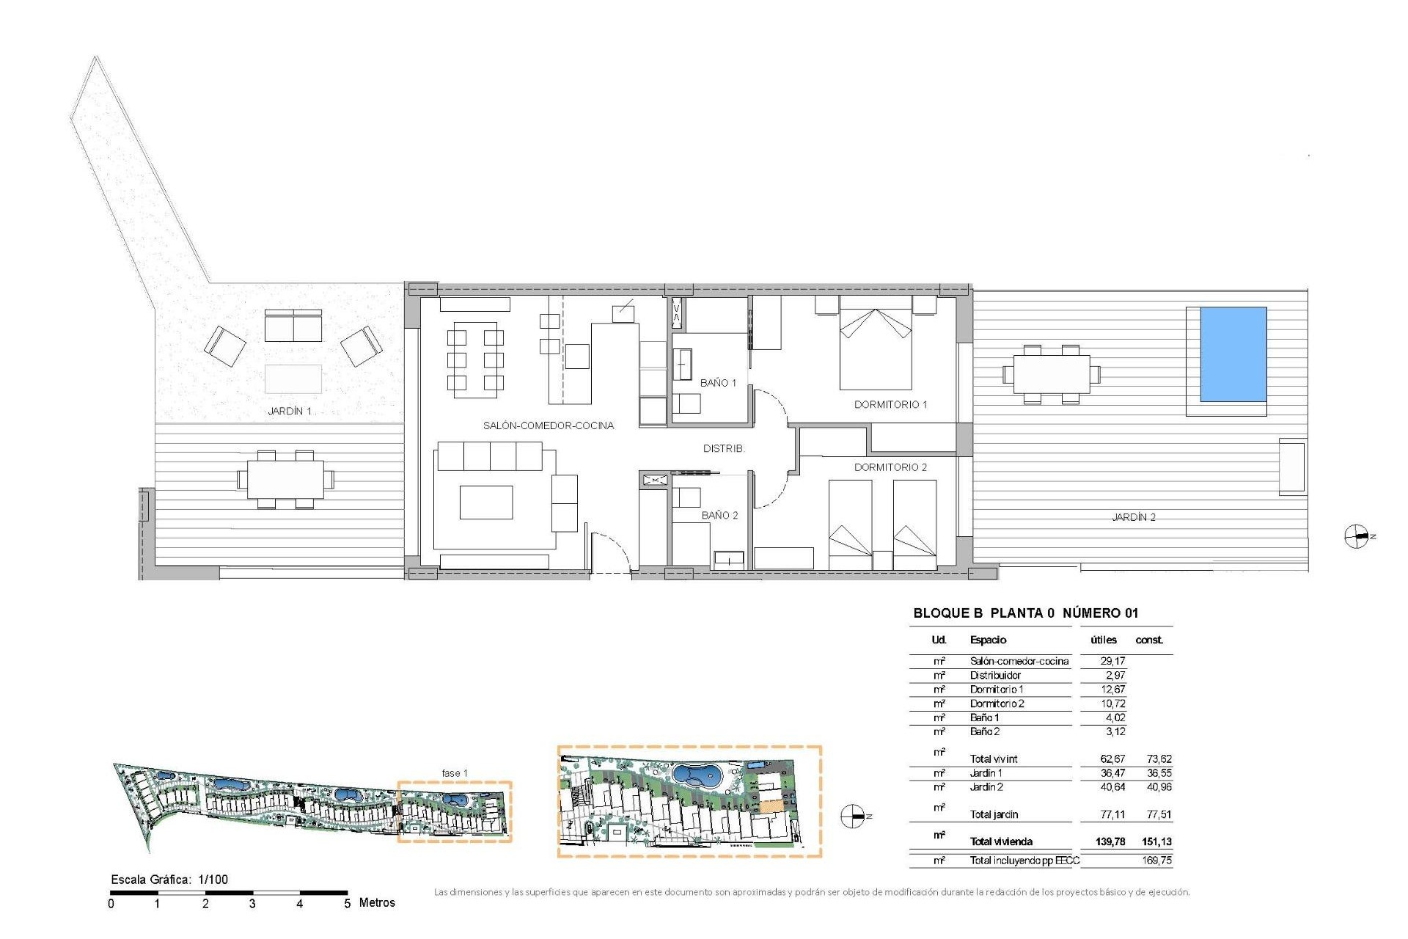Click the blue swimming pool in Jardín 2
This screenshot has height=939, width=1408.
click(1233, 354)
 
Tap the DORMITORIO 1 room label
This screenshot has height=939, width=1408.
click(890, 404)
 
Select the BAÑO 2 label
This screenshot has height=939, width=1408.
click(719, 515)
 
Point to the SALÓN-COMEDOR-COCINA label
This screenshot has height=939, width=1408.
click(548, 425)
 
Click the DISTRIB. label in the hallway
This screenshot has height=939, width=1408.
click(723, 448)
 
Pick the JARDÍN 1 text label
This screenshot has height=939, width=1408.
click(290, 411)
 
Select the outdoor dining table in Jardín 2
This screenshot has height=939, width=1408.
click(1051, 374)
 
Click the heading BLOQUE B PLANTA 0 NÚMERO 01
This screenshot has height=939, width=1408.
click(1025, 613)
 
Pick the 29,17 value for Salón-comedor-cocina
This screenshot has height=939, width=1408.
click(1112, 661)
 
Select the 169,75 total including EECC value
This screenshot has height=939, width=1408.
click(1156, 861)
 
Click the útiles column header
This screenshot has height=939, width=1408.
click(1104, 640)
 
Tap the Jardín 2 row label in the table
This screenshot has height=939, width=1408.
click(986, 787)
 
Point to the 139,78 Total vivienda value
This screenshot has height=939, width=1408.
click(1110, 841)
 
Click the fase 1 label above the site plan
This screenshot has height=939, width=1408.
click(454, 773)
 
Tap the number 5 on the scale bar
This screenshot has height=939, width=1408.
click(347, 904)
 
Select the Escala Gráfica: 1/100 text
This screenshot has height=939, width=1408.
click(169, 880)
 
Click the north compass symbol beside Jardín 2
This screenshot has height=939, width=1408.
click(1357, 537)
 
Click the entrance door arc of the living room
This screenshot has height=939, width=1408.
click(613, 547)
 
